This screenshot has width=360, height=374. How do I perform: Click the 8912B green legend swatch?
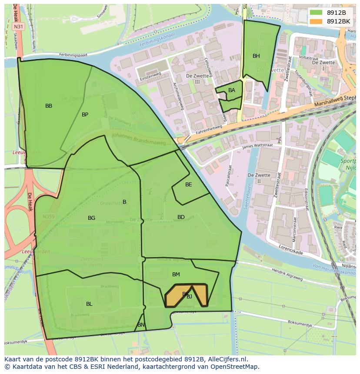pos(316,13)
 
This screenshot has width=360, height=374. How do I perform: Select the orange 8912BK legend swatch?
pos(316,21)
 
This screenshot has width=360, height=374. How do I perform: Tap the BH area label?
pos(256,56)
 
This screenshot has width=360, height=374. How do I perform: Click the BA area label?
pos(232,90)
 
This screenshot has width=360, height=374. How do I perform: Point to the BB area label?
pos(49,106)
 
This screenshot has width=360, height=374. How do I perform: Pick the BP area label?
pos(85,115)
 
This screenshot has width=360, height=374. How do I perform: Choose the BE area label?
pos(188,185)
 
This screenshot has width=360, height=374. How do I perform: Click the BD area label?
pos(181,217)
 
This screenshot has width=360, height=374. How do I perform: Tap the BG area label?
pos(91,218)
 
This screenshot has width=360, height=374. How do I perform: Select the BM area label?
pos(176,275)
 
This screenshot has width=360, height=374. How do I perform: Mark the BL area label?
pos(89,304)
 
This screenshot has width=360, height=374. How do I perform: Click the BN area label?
pos(141,325)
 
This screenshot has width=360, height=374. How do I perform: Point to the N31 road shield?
pos(18,26)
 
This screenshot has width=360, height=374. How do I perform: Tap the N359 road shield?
pos(48,216)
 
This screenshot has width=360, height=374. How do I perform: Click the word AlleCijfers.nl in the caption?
pos(228,359)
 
